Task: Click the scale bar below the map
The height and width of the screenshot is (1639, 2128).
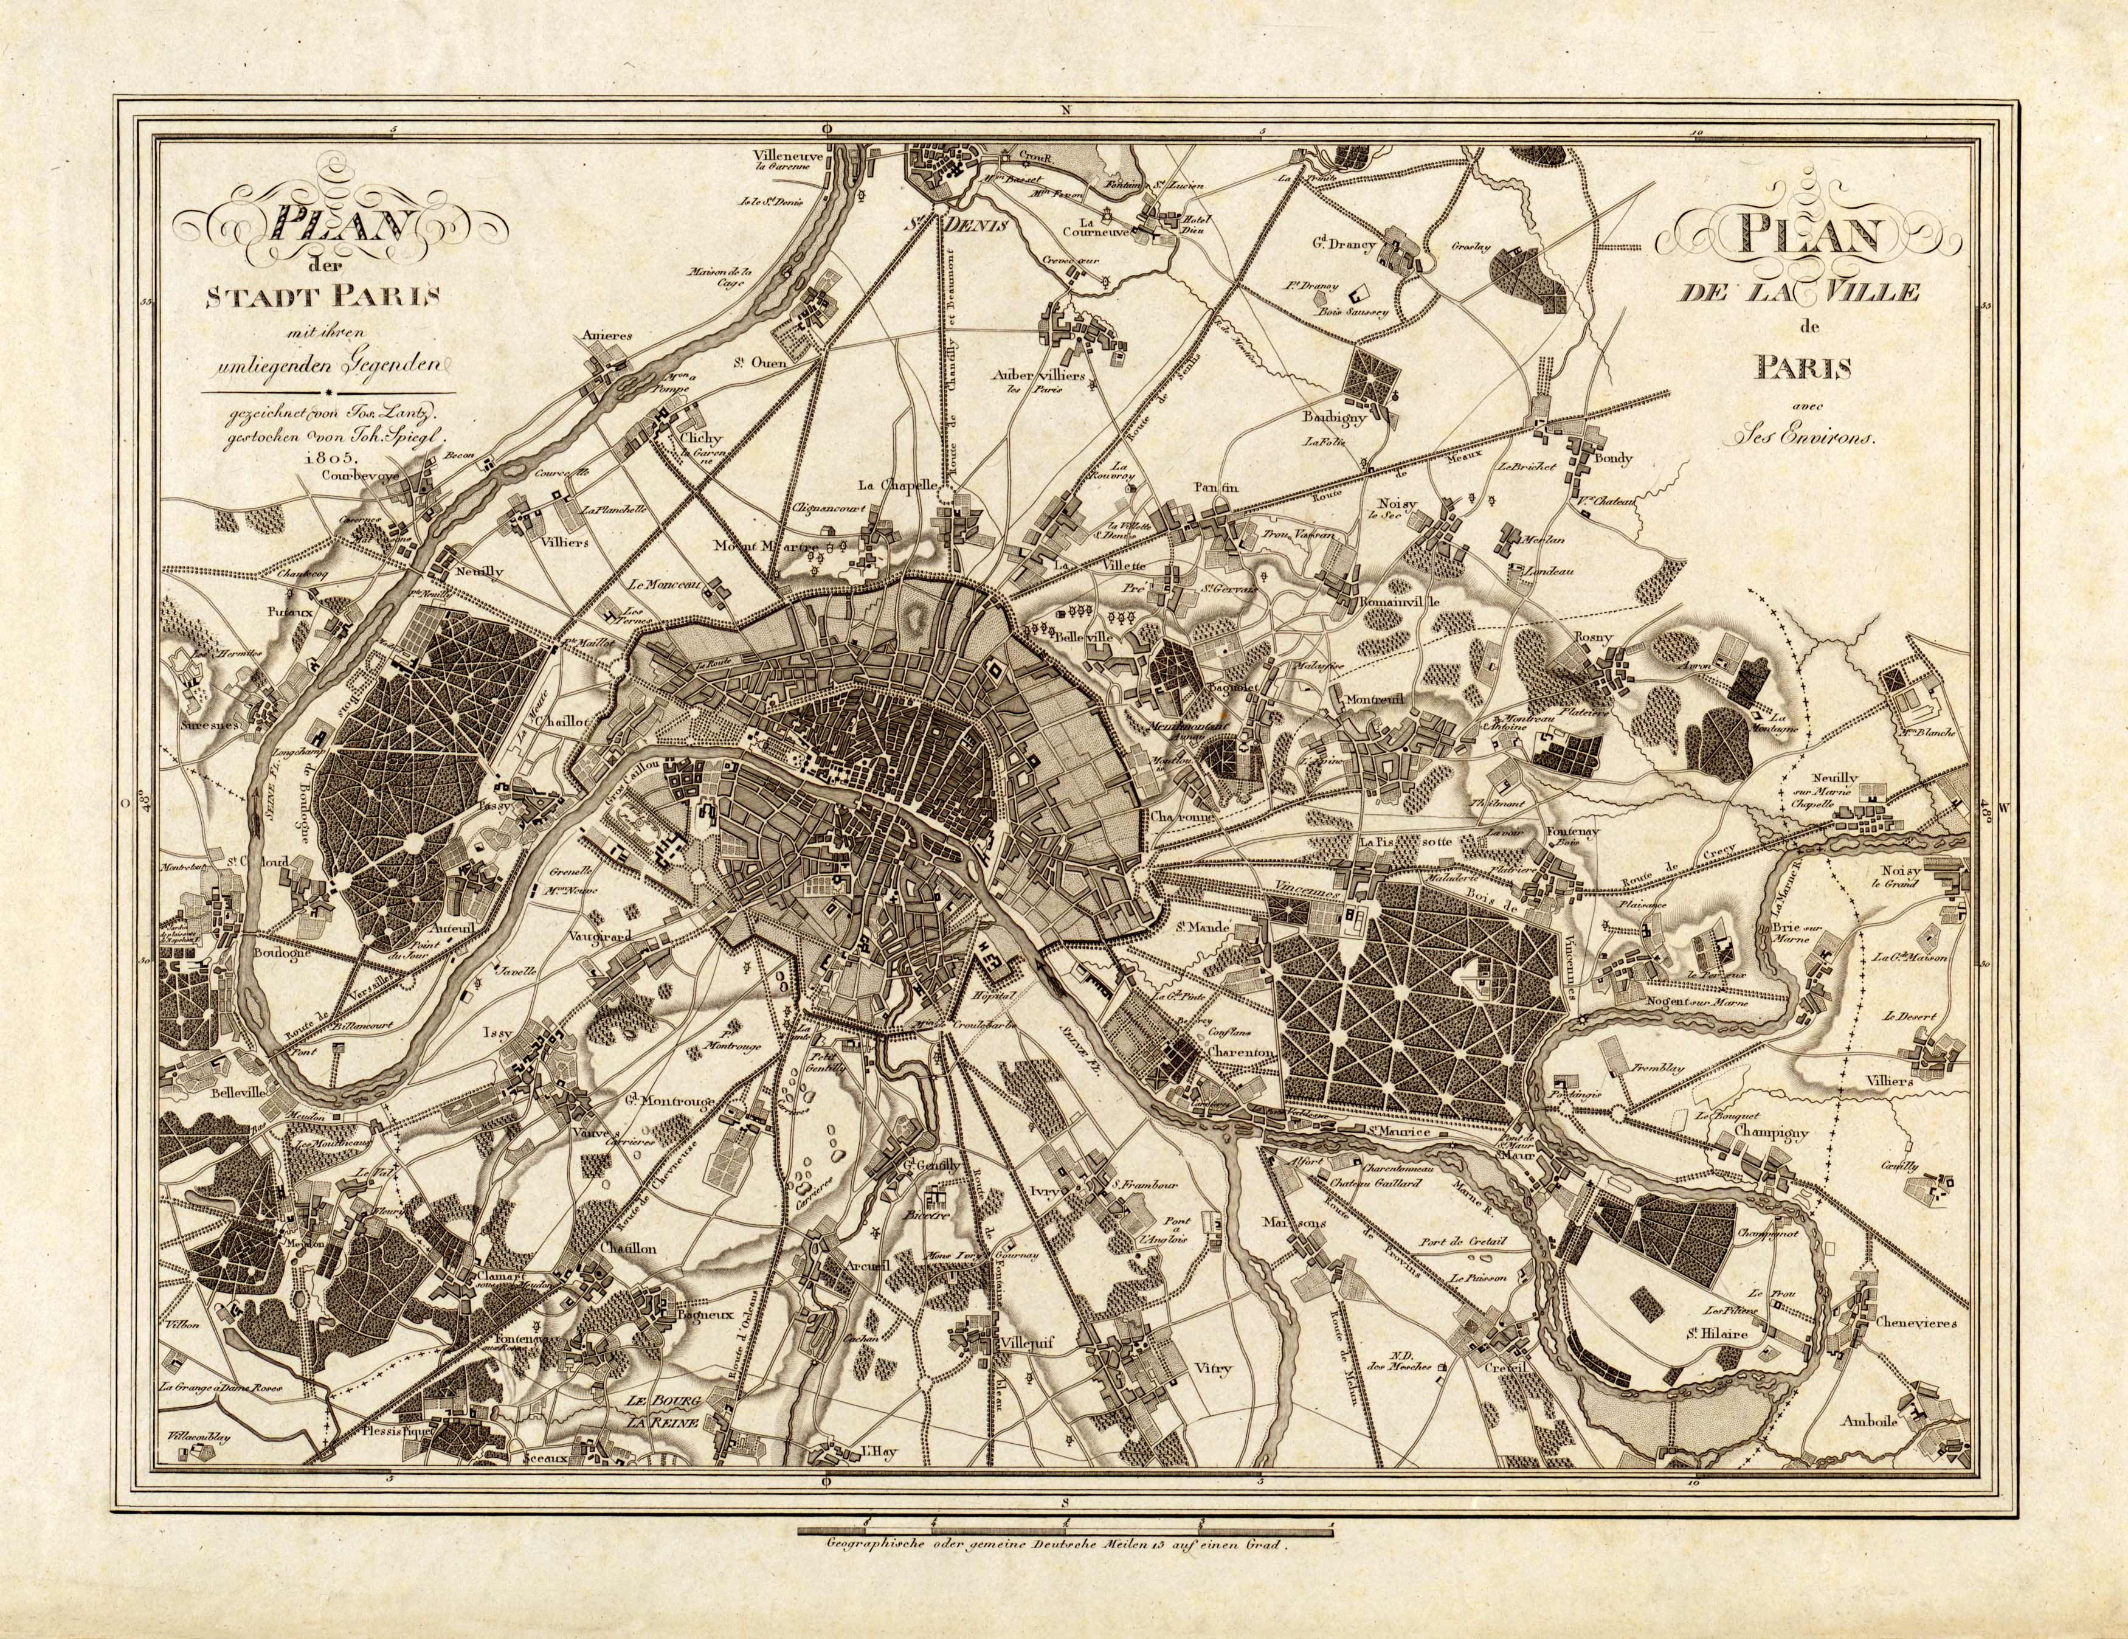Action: (x=1064, y=1533)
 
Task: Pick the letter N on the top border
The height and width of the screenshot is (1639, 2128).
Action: (x=1066, y=110)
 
